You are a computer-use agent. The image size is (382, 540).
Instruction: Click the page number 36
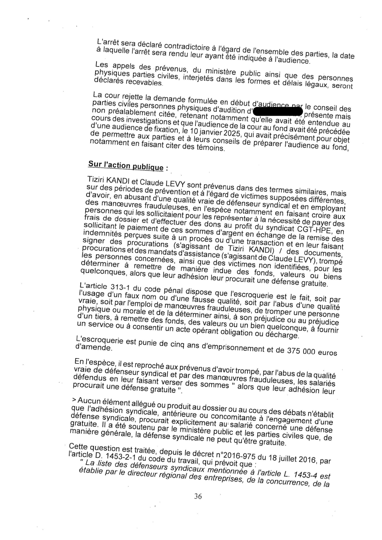198,496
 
